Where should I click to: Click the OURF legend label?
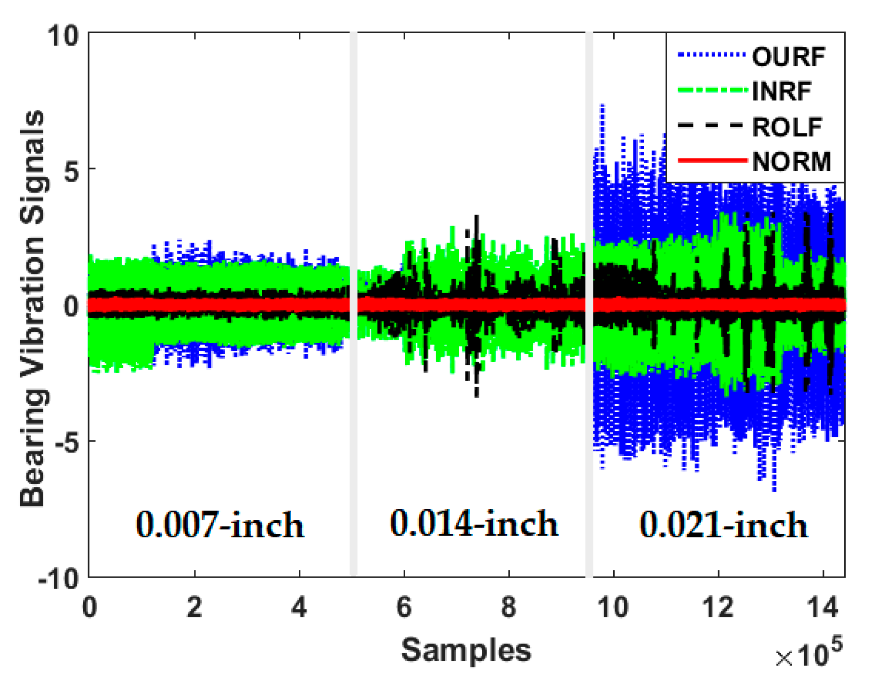(x=788, y=57)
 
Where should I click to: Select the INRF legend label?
(x=782, y=91)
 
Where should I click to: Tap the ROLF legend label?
(x=787, y=127)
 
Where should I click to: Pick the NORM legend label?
(x=791, y=162)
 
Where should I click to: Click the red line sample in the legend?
(x=712, y=161)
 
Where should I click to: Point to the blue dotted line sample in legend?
(x=712, y=55)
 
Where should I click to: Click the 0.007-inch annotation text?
(x=220, y=525)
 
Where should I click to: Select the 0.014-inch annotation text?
(x=474, y=524)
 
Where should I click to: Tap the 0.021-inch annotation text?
(x=723, y=525)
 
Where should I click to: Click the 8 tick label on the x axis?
(x=509, y=607)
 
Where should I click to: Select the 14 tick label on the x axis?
(x=823, y=607)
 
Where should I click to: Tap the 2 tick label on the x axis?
(x=194, y=607)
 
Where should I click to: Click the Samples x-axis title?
(x=466, y=650)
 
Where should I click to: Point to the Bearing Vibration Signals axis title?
(x=33, y=308)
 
